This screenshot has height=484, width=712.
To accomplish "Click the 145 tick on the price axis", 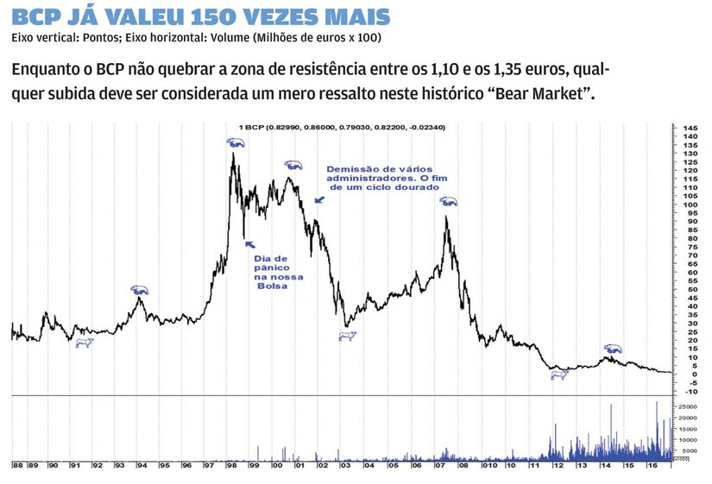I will click(x=690, y=128).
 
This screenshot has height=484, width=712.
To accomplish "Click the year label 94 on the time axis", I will click(x=142, y=466).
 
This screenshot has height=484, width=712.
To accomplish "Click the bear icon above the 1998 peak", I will click(x=235, y=142).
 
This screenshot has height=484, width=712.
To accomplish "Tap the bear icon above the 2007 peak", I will click(x=448, y=201).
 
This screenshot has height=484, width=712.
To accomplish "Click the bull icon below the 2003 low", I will click(x=347, y=336).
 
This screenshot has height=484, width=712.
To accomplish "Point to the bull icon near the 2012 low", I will click(x=559, y=374).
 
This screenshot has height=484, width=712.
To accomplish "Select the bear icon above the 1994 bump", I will click(x=139, y=290).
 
